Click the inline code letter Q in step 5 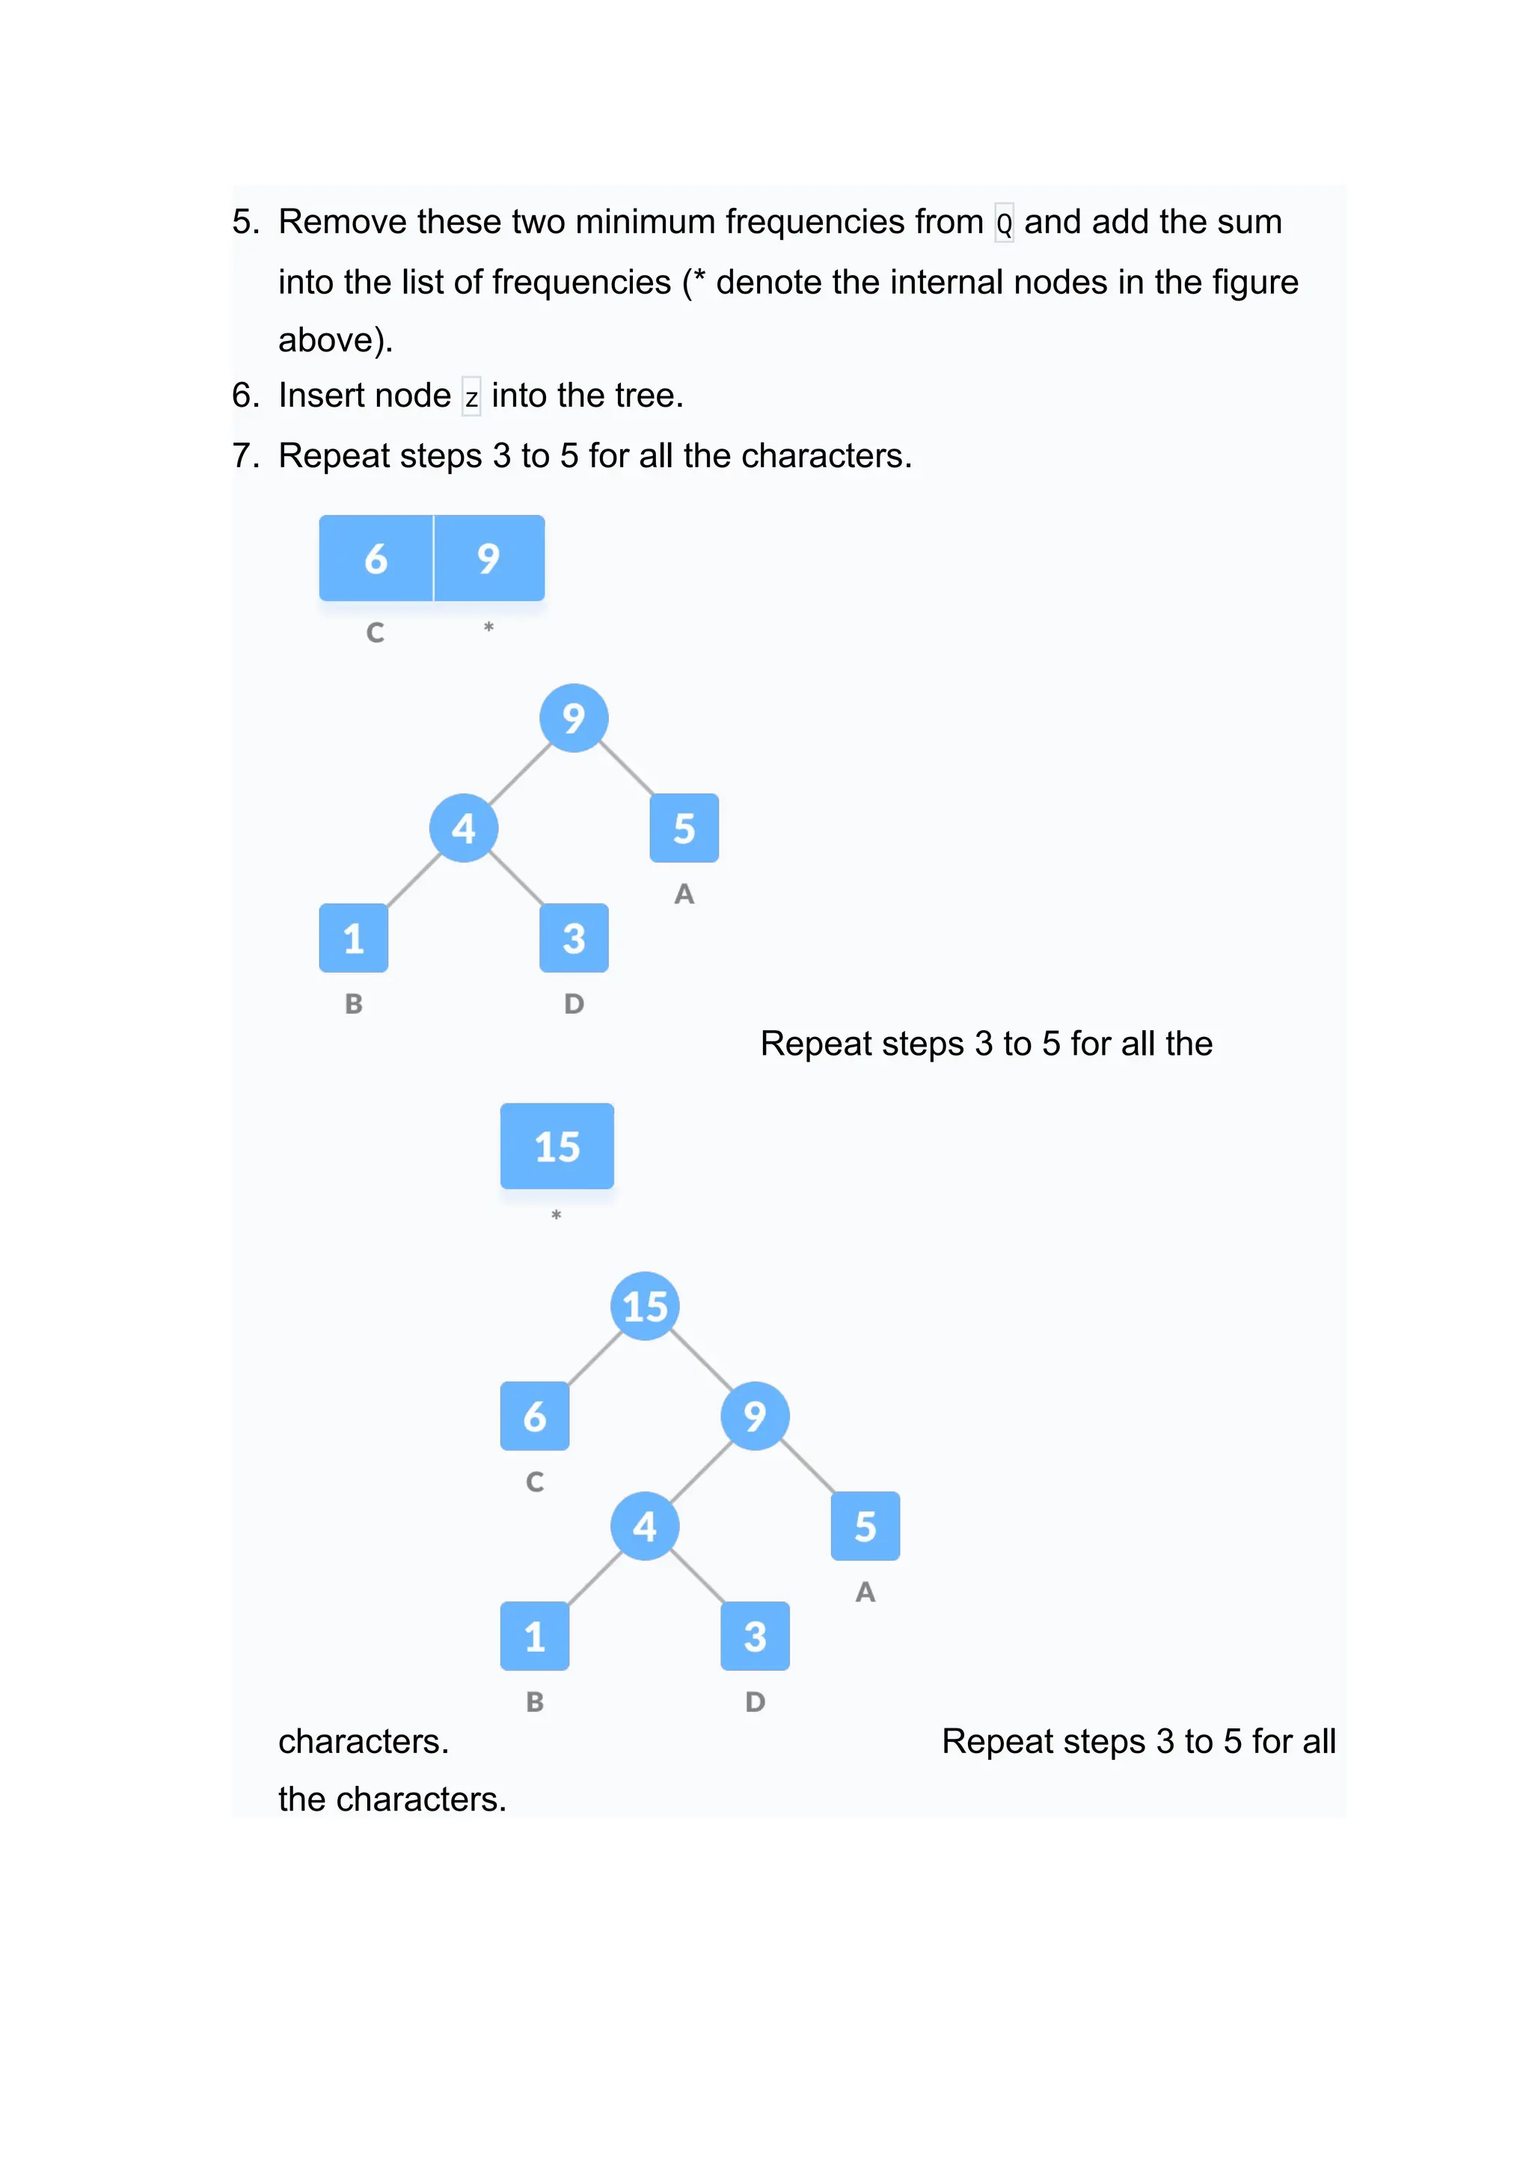point(1004,224)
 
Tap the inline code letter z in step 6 point(471,398)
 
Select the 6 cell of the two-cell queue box point(376,558)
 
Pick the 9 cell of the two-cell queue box point(488,558)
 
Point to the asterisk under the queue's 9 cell point(488,627)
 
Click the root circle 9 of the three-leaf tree point(574,718)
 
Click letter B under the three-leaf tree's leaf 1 point(354,1003)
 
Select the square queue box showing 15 point(557,1146)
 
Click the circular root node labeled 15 point(646,1306)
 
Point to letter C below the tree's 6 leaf point(535,1482)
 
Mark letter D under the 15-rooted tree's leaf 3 point(755,1702)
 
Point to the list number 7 point(243,456)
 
